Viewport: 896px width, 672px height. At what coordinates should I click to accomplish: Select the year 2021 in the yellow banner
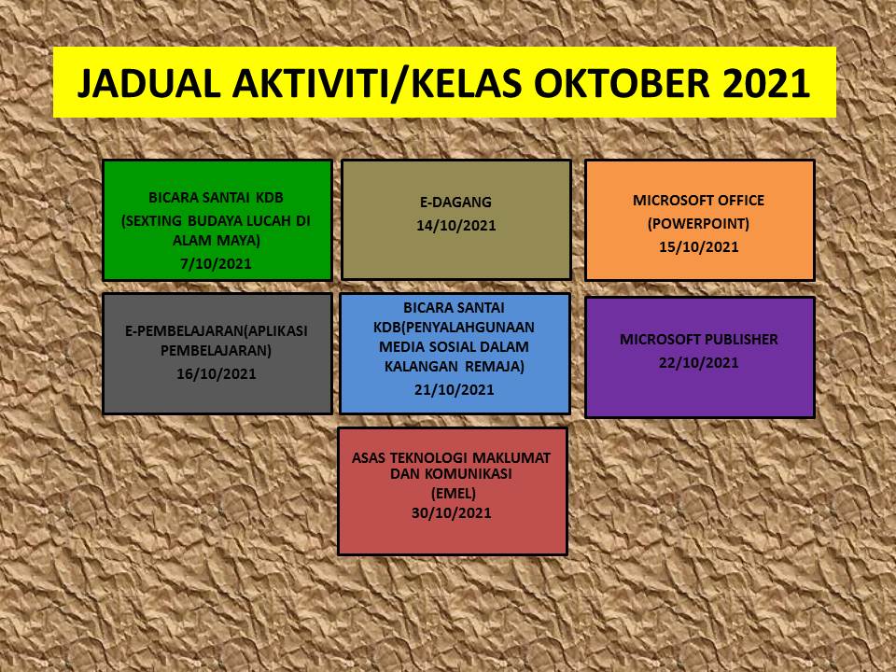click(x=767, y=83)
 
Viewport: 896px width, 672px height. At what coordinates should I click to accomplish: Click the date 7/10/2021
click(x=216, y=264)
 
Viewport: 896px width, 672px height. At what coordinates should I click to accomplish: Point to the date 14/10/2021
click(x=456, y=225)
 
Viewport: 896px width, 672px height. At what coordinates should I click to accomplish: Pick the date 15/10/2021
click(x=699, y=246)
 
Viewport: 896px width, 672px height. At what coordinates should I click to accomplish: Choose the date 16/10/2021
click(x=216, y=373)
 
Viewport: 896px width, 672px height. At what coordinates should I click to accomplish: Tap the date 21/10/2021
click(x=455, y=390)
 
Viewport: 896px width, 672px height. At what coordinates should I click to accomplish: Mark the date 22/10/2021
click(x=699, y=363)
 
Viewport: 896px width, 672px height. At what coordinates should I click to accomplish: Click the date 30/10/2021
click(x=452, y=512)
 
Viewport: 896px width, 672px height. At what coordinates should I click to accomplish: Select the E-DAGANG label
click(x=456, y=202)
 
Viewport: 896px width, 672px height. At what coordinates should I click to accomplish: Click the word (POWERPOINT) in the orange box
click(x=698, y=223)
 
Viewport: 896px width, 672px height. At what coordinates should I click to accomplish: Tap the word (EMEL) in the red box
click(x=454, y=493)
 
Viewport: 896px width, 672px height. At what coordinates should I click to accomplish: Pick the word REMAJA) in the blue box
click(x=496, y=366)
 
